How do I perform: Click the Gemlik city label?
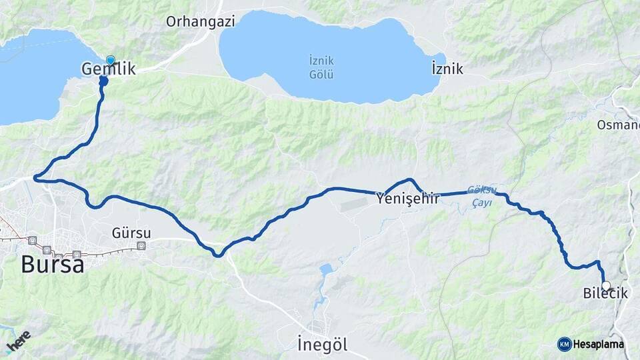pos(108,69)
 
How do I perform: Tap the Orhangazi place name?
pos(201,21)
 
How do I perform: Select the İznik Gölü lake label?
pos(321,67)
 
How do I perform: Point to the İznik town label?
pos(447,69)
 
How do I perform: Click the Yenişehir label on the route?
pos(408,198)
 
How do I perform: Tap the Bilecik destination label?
pos(605,293)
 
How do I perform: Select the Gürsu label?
pos(131,233)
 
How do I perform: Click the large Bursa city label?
pos(52,265)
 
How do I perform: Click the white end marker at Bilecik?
pos(606,285)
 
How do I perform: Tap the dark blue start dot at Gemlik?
pos(103,81)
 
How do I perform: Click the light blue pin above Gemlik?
pos(110,60)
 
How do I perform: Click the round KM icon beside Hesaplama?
pos(564,344)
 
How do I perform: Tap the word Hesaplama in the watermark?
pos(599,344)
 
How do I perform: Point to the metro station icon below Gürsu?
pos(141,245)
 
